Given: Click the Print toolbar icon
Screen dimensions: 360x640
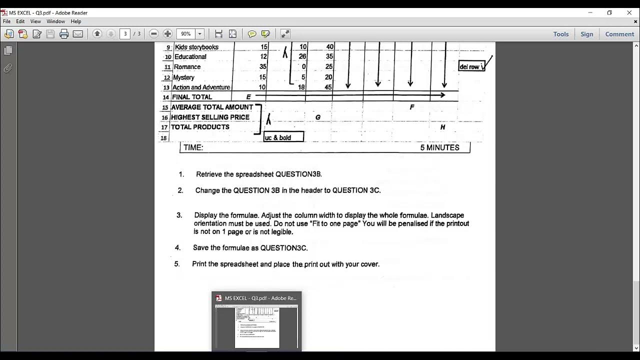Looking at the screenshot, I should [x=64, y=33].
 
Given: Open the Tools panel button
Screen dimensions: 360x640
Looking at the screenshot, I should [x=560, y=34].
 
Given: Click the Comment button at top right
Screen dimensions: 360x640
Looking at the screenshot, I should [x=619, y=34].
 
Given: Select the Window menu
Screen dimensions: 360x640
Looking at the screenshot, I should [x=55, y=21].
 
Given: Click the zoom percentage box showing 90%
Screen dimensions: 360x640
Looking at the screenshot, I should [x=186, y=33].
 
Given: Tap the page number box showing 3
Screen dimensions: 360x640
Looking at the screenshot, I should [x=125, y=33].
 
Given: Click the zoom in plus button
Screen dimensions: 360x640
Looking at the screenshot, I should [x=167, y=33].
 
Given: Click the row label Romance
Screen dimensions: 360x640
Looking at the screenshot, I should [x=187, y=66].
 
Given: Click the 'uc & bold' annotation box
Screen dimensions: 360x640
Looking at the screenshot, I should [x=283, y=137].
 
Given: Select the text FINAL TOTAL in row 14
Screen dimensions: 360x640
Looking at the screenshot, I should [x=192, y=97].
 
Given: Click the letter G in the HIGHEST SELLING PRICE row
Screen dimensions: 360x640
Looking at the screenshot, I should [x=318, y=117].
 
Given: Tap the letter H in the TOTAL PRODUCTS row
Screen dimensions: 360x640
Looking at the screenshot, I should [x=442, y=127].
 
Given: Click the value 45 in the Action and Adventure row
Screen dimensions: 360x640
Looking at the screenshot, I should [x=328, y=87].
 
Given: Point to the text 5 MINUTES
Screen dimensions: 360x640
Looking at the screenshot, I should [x=439, y=147].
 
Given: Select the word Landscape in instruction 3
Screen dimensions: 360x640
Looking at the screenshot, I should [x=447, y=215].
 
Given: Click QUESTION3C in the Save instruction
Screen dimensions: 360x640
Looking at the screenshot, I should [x=283, y=247].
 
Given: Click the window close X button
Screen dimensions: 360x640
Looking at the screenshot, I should [x=629, y=12].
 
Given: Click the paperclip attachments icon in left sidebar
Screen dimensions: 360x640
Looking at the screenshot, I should [x=8, y=68].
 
